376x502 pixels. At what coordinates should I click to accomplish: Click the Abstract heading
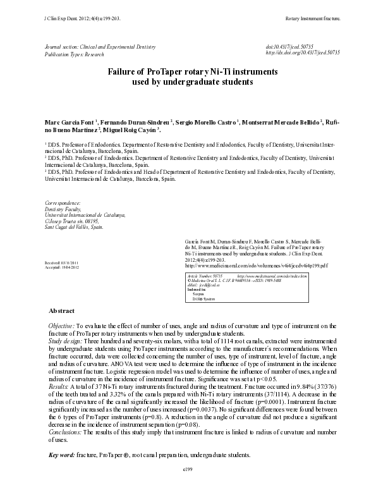[61, 311]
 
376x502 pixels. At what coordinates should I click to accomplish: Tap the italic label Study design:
[66, 340]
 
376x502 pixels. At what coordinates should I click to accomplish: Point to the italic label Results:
[59, 385]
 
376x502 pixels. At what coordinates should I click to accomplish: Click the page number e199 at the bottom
[188, 470]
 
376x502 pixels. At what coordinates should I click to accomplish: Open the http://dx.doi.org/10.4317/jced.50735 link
[303, 54]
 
